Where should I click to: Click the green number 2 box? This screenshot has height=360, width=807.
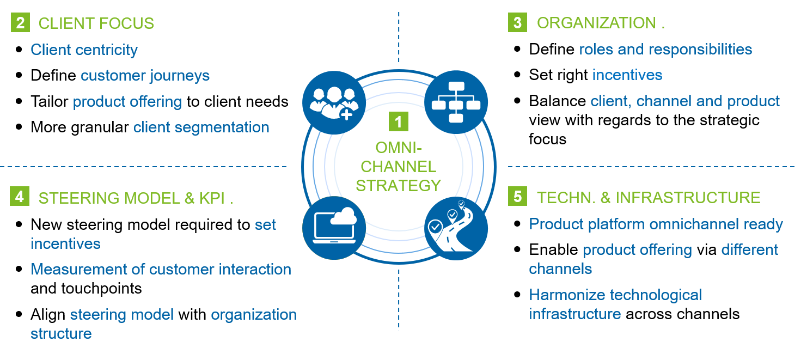20,23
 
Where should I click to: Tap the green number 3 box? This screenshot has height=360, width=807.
517,22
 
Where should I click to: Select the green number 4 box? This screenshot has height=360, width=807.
20,197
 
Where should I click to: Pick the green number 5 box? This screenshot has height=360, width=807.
517,197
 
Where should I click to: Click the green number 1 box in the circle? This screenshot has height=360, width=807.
398,122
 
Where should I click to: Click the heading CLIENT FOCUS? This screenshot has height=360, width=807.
96,23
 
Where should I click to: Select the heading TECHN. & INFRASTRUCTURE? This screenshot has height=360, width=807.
649,197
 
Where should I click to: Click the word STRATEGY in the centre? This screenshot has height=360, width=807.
399,186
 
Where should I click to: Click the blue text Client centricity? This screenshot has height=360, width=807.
84,50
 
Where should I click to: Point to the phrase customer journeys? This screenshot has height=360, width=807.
145,75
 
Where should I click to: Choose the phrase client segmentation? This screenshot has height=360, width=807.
201,127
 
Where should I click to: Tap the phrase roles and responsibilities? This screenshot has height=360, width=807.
665,49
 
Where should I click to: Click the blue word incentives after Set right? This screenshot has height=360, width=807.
627,75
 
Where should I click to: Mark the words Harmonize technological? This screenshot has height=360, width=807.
615,295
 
